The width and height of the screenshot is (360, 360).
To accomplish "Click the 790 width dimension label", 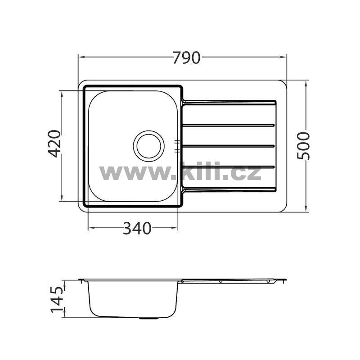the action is pos(186,58).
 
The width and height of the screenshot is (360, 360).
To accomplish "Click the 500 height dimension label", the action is pos(303,146).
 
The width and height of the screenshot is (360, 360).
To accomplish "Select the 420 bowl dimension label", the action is pos(54,144).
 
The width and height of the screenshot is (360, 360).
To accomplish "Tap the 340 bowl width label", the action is pos(137,228).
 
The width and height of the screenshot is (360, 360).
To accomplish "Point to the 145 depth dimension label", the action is pos(57,299).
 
